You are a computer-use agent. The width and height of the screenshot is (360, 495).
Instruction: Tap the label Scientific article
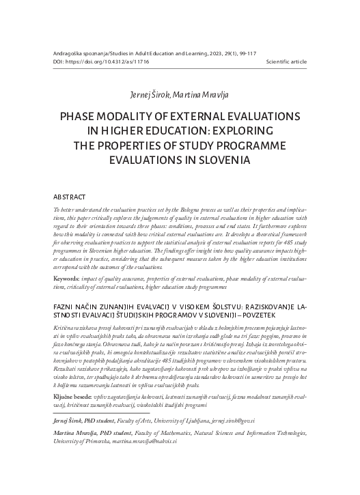291,61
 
